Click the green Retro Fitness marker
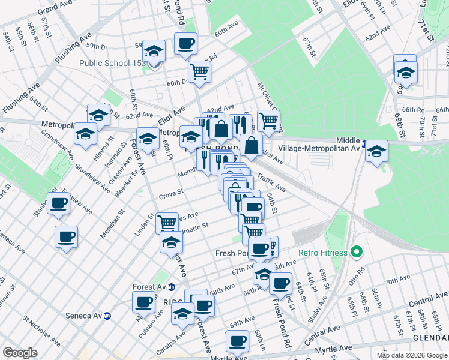pos(356,253)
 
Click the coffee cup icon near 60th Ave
pos(185,43)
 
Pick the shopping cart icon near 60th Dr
pos(199,71)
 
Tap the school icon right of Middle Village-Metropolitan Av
pos(377,151)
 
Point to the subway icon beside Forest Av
pos(171,286)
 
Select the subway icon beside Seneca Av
pos(108,316)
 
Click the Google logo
pos(20,353)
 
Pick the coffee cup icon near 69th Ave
pos(237,341)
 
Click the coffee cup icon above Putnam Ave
pos(143,302)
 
